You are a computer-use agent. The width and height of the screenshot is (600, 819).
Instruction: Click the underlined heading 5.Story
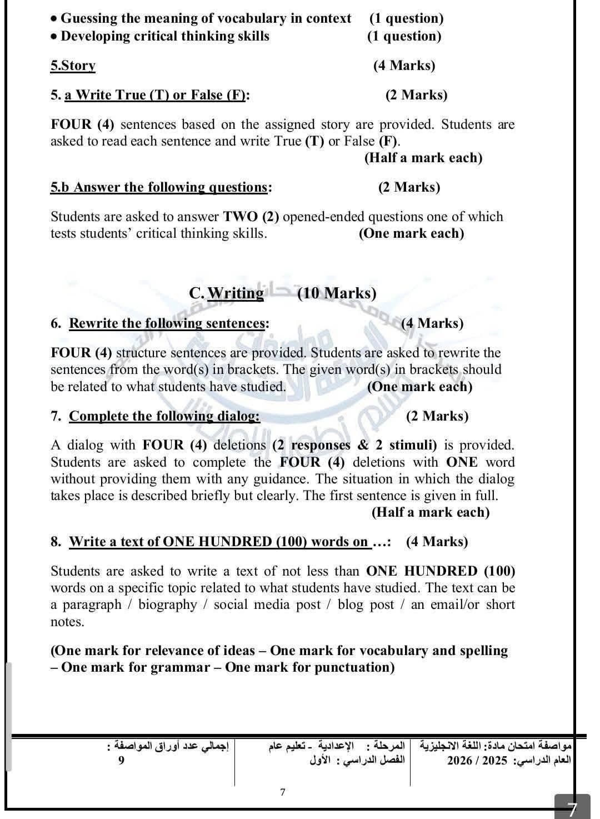(x=73, y=66)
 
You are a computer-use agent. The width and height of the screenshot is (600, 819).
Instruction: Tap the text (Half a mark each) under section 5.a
(x=423, y=158)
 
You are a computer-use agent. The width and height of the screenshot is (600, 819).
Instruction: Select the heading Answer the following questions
(x=160, y=187)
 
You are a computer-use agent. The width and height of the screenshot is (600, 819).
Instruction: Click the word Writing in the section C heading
(x=236, y=293)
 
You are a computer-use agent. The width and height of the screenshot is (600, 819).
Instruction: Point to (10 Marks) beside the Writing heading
(x=337, y=293)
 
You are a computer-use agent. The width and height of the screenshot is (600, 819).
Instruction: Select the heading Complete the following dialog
(x=164, y=416)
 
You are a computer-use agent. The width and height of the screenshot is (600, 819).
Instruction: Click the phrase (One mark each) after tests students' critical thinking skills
(x=411, y=233)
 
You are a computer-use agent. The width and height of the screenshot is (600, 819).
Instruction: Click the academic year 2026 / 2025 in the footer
(x=477, y=760)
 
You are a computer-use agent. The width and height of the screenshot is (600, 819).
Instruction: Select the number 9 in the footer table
(x=121, y=760)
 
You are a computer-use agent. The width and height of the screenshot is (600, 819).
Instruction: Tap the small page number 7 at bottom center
(x=283, y=792)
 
